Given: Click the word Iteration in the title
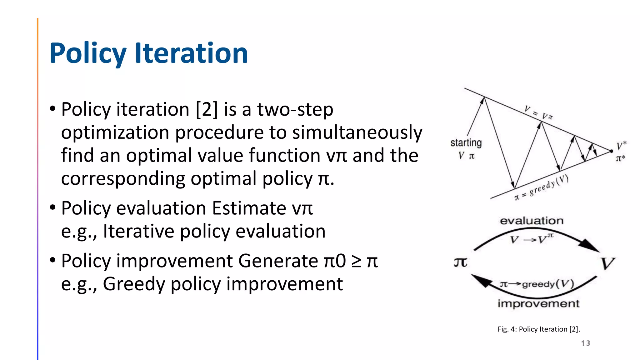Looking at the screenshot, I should tap(191, 53).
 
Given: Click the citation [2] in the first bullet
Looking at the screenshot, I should tap(206, 109).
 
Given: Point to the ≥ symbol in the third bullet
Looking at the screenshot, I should tap(356, 261).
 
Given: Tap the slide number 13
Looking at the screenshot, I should tap(585, 343).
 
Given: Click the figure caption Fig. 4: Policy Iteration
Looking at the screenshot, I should tap(538, 329).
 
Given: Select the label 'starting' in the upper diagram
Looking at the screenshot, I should tap(466, 143).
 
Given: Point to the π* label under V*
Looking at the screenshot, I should tap(620, 158).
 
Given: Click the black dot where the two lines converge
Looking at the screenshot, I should tap(612, 151).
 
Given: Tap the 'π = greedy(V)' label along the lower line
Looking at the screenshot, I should tap(541, 188).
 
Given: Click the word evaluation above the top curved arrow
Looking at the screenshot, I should tap(532, 221).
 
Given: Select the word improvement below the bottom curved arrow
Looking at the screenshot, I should tap(538, 303).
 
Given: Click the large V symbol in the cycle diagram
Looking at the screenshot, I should tap(607, 263).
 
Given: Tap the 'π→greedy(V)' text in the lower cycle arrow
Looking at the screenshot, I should tap(537, 284).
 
